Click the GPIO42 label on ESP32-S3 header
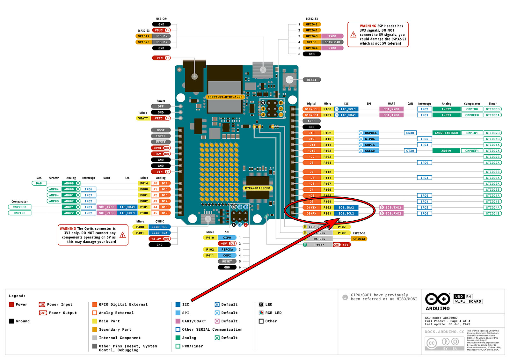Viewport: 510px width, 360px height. (x=311, y=24)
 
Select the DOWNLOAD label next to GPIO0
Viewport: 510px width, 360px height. (x=332, y=42)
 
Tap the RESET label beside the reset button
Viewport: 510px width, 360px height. (x=311, y=80)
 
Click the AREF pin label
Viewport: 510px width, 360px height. (x=311, y=121)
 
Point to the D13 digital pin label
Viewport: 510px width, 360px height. (x=311, y=133)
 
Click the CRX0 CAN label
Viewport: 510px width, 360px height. (x=410, y=133)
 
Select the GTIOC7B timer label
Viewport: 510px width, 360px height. (x=492, y=157)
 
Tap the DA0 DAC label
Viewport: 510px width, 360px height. (x=39, y=183)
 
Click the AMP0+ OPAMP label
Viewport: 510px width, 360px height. (x=54, y=189)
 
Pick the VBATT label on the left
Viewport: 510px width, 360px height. (x=143, y=118)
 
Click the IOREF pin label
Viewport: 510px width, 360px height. (x=161, y=136)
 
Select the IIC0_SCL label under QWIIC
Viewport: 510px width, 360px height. (x=159, y=227)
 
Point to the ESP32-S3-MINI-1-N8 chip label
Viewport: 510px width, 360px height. (x=225, y=97)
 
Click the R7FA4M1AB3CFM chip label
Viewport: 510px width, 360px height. (x=257, y=188)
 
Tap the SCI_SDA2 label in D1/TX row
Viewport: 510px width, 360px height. (x=346, y=208)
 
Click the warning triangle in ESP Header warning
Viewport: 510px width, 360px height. (x=353, y=34)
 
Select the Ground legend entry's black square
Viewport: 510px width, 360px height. (x=11, y=321)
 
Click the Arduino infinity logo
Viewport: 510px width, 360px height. (x=437, y=299)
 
